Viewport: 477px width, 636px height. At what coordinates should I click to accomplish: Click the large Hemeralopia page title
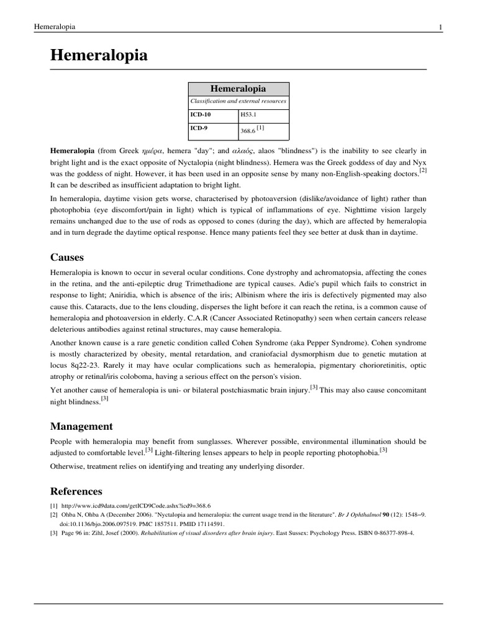pyautogui.click(x=99, y=55)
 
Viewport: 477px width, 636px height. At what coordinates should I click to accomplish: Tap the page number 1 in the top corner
pyautogui.click(x=440, y=26)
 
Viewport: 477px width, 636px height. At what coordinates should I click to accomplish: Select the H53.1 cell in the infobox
pyautogui.click(x=248, y=115)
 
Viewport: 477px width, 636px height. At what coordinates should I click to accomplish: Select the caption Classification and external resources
pyautogui.click(x=238, y=101)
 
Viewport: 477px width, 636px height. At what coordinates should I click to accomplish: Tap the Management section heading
pyautogui.click(x=81, y=426)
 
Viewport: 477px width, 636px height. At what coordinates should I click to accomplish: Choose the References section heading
pyautogui.click(x=76, y=491)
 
